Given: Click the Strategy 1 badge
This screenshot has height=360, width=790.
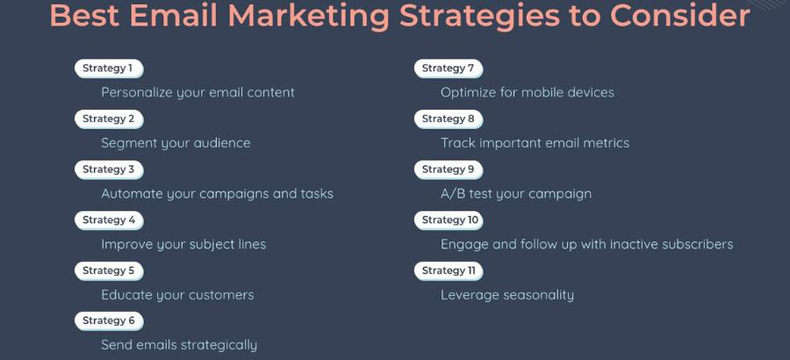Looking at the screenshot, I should [108, 68].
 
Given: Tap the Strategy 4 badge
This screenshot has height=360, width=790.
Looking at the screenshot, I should [109, 220].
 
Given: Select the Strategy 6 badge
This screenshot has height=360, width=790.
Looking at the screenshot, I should [109, 321].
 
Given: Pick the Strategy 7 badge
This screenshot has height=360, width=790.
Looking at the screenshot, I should [448, 68].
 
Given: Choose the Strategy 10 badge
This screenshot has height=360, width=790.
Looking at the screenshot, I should [449, 220].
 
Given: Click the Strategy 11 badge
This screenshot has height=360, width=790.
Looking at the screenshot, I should [449, 270].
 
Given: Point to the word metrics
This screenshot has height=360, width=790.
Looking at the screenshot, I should [605, 143].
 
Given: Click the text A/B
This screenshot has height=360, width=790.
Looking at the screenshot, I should [454, 193].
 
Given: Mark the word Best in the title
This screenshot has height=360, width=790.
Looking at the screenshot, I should [83, 16].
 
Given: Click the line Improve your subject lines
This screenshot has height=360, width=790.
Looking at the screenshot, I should [183, 244].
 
